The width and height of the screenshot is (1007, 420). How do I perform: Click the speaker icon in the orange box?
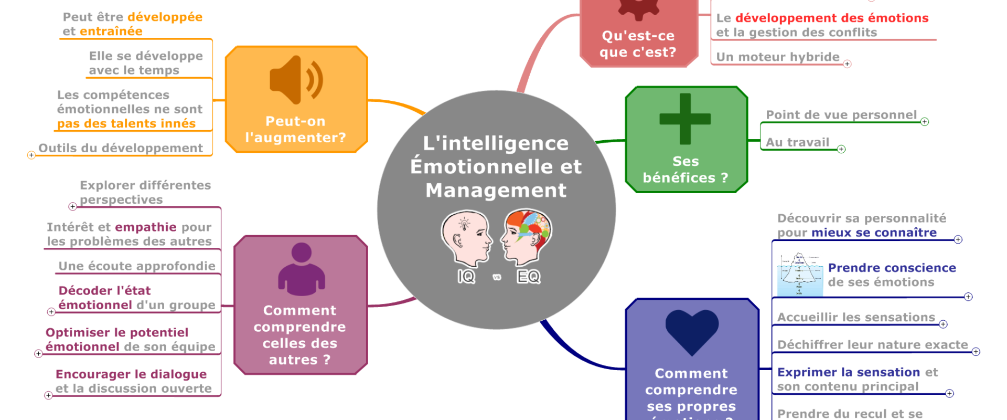coord(296,80)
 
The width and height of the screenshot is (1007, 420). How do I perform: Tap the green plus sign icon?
coord(685,119)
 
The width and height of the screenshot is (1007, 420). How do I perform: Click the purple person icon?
coord(301,269)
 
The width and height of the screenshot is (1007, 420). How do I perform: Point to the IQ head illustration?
coord(465,239)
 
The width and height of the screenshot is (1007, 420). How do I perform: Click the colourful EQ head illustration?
coord(527,237)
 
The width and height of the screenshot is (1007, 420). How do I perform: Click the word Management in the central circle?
coord(496,190)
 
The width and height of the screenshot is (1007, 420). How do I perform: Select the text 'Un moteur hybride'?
coord(778,57)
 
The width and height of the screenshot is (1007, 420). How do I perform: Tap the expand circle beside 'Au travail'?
coord(841,149)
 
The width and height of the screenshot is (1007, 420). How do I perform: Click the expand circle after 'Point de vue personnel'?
coord(925,122)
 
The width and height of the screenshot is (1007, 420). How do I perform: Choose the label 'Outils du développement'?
coord(121,148)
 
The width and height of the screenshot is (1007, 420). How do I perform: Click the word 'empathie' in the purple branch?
coord(146,227)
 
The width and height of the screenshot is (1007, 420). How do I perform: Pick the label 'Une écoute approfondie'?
coord(137,266)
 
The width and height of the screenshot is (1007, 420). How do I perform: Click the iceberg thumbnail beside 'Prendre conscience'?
coord(799,274)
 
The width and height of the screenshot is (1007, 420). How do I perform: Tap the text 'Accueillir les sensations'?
coord(856,317)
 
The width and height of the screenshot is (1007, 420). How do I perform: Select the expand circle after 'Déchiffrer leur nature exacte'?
coord(976,352)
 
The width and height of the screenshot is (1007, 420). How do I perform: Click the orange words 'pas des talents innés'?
coord(126,123)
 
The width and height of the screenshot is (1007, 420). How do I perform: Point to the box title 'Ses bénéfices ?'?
coord(685,169)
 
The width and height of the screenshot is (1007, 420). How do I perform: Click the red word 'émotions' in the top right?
coord(898,18)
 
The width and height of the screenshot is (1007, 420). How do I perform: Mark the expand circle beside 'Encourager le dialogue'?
coord(48,395)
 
